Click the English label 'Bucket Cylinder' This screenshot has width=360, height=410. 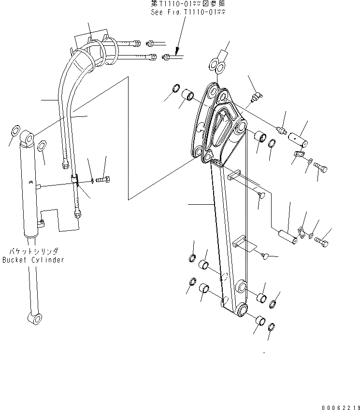pos(33,260)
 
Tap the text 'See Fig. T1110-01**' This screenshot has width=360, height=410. pos(188,12)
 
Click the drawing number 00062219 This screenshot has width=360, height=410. pos(341,408)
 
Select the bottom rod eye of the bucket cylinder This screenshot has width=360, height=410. pos(35,319)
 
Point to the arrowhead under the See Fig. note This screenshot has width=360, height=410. pos(177,51)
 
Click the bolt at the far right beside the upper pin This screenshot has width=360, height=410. pos(320,168)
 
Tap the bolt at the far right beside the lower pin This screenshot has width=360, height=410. pos(321,241)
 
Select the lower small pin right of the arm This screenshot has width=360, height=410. pos(287,237)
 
